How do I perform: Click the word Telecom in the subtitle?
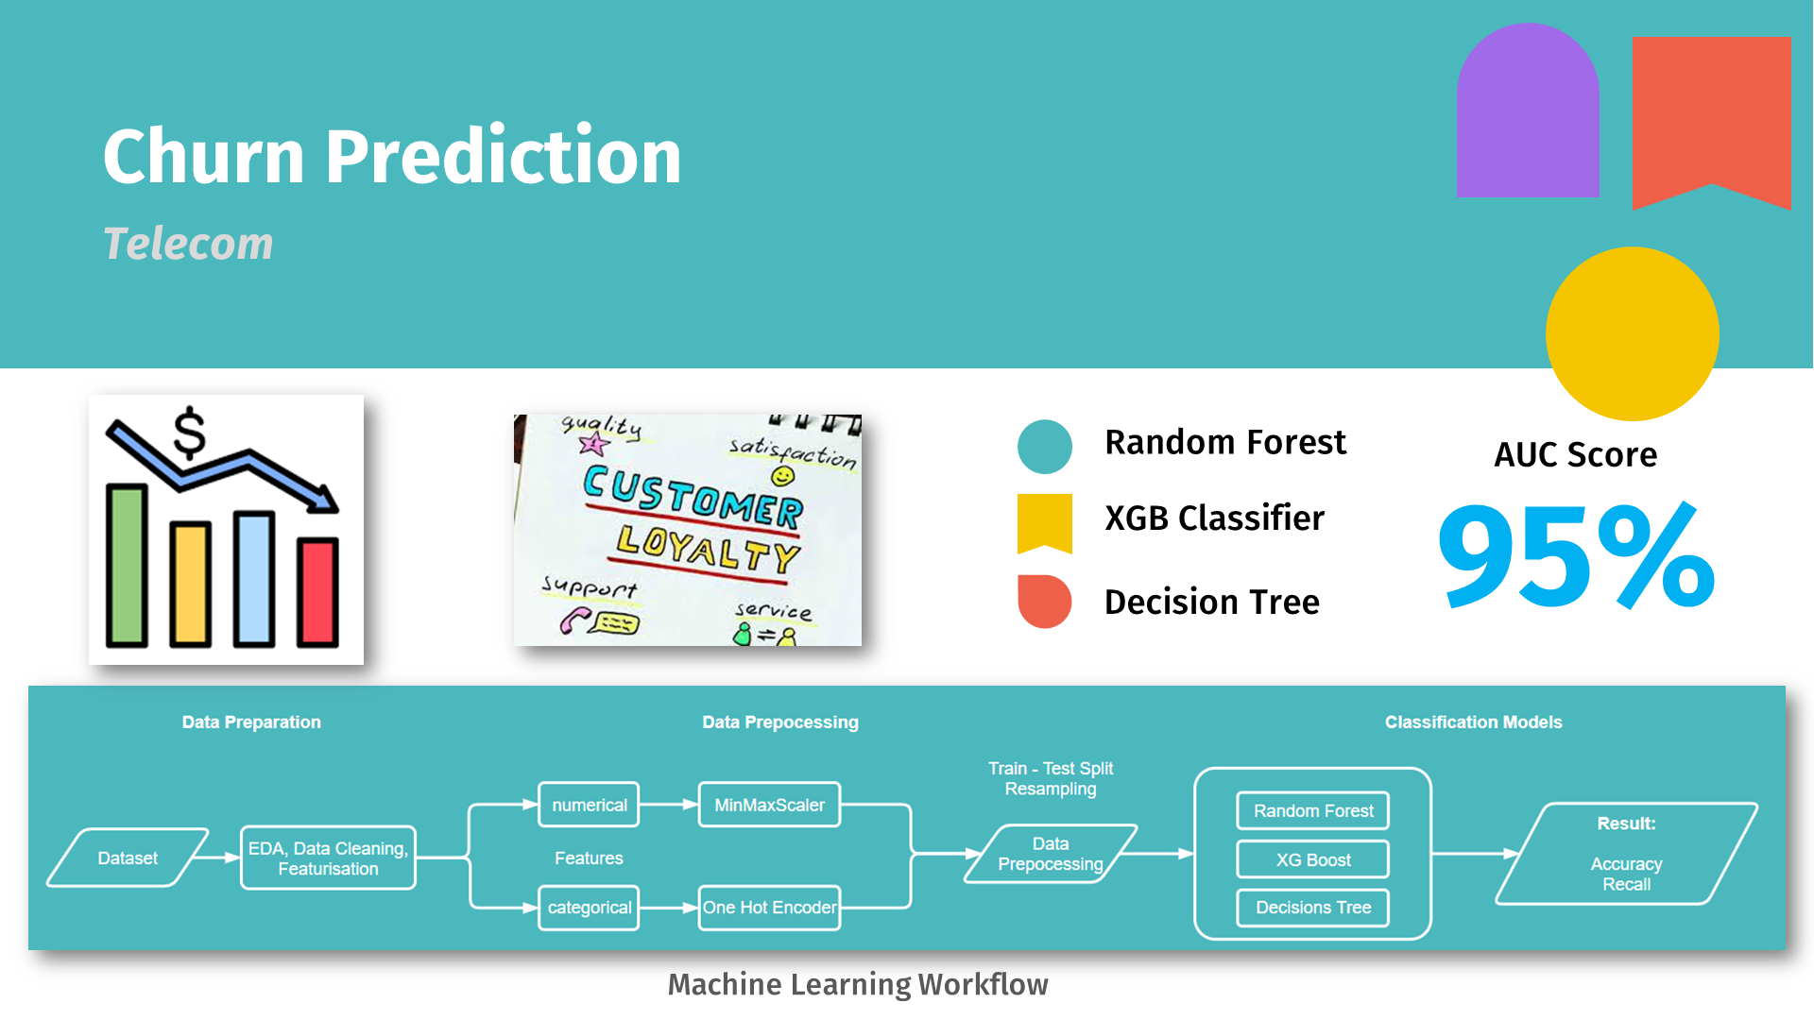pos(188,244)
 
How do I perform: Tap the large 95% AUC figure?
pos(1575,557)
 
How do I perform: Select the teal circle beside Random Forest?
pos(1044,446)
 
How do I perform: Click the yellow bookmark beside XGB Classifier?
pos(1044,521)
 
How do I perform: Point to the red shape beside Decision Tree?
pos(1044,602)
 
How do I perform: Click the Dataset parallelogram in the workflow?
pos(128,858)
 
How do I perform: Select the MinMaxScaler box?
pos(769,805)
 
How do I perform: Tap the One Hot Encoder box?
pos(769,908)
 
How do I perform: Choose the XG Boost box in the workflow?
pos(1312,859)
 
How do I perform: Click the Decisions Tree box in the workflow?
pos(1312,908)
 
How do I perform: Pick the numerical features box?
pos(589,805)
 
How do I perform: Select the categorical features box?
pos(589,908)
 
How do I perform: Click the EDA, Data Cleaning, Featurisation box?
pos(328,858)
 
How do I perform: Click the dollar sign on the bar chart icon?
pos(189,433)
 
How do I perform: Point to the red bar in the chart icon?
pos(317,592)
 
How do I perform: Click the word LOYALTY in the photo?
pos(707,550)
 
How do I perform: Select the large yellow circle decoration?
pos(1632,333)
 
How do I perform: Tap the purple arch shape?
pos(1527,113)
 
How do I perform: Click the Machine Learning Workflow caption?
pos(858,984)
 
